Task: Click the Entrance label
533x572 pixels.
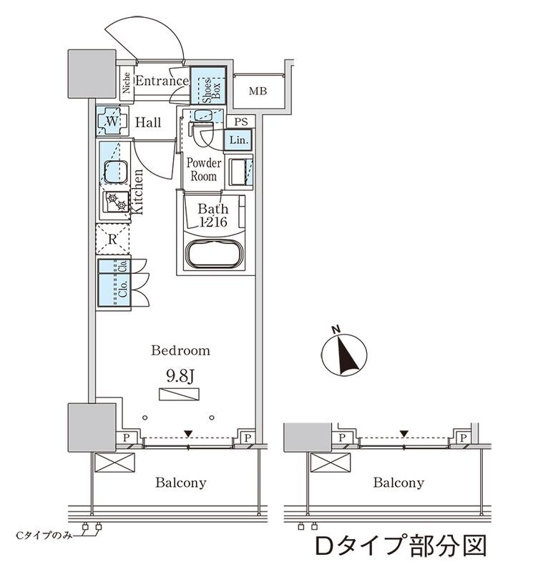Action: tap(161, 81)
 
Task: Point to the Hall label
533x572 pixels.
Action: tap(148, 123)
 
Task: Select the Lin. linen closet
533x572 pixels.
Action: tap(238, 141)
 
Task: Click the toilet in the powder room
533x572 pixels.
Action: tap(203, 132)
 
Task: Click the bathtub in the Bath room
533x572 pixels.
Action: tap(212, 255)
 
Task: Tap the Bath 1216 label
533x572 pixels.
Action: tap(213, 216)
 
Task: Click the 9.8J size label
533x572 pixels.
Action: tap(180, 376)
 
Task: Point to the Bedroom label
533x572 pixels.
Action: tap(180, 350)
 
